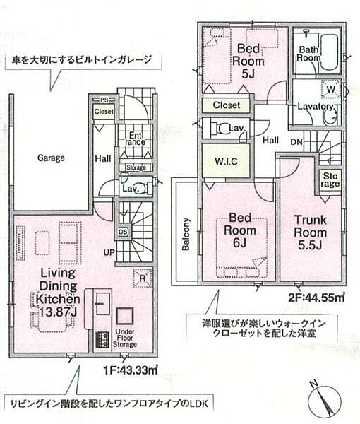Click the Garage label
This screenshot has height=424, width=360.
(51, 158)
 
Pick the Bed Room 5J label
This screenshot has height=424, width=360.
(248, 59)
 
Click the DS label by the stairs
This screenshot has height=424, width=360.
(122, 230)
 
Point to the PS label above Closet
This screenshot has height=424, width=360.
(104, 100)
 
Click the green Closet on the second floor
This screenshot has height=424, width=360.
(226, 105)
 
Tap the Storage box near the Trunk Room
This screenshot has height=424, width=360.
(330, 179)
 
